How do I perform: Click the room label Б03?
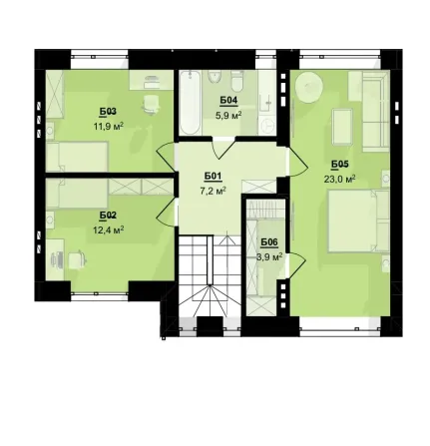[108, 112]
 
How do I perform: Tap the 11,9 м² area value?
[109, 126]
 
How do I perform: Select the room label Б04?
[228, 100]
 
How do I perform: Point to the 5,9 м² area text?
[228, 115]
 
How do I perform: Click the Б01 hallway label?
[213, 177]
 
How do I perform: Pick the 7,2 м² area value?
[214, 191]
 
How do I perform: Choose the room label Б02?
[108, 216]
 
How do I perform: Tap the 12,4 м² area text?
[109, 229]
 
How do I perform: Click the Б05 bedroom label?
[340, 164]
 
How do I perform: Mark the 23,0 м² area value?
[340, 180]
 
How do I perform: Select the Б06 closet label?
[269, 242]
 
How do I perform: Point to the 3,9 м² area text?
[269, 256]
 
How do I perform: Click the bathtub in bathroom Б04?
[191, 102]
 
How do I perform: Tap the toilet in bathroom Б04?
[237, 83]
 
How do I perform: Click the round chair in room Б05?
[309, 87]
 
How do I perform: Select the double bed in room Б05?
[358, 222]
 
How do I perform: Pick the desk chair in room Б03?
[151, 104]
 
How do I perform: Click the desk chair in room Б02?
[77, 259]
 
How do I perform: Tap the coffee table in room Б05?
[342, 127]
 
